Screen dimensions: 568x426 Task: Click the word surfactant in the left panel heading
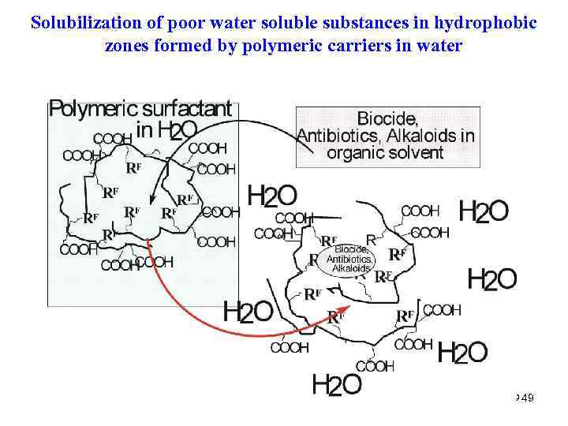click(187, 109)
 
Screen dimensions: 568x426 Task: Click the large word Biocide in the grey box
click(387, 119)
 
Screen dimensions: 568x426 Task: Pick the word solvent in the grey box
click(417, 152)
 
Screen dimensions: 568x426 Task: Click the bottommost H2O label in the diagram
click(337, 385)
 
